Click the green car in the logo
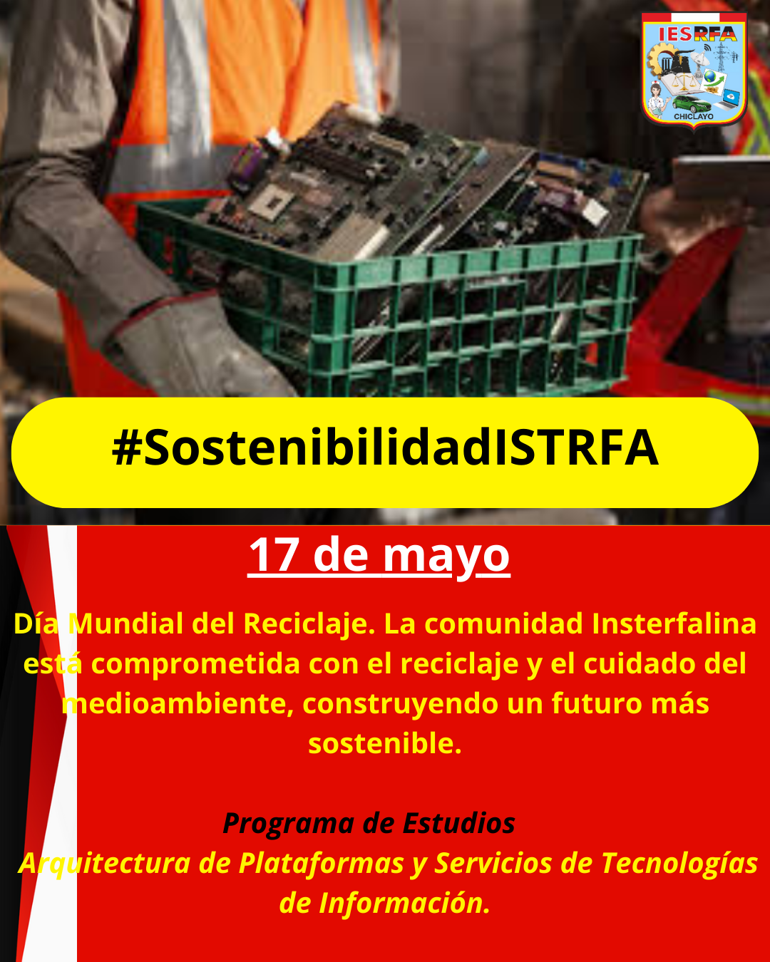tap(692, 105)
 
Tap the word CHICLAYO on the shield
tap(694, 117)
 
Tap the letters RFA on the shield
tap(715, 34)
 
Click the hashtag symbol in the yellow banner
tap(127, 448)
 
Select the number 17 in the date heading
tap(274, 555)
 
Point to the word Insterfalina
tap(674, 624)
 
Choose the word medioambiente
tap(178, 703)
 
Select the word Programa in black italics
tap(289, 824)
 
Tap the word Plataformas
tap(322, 863)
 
